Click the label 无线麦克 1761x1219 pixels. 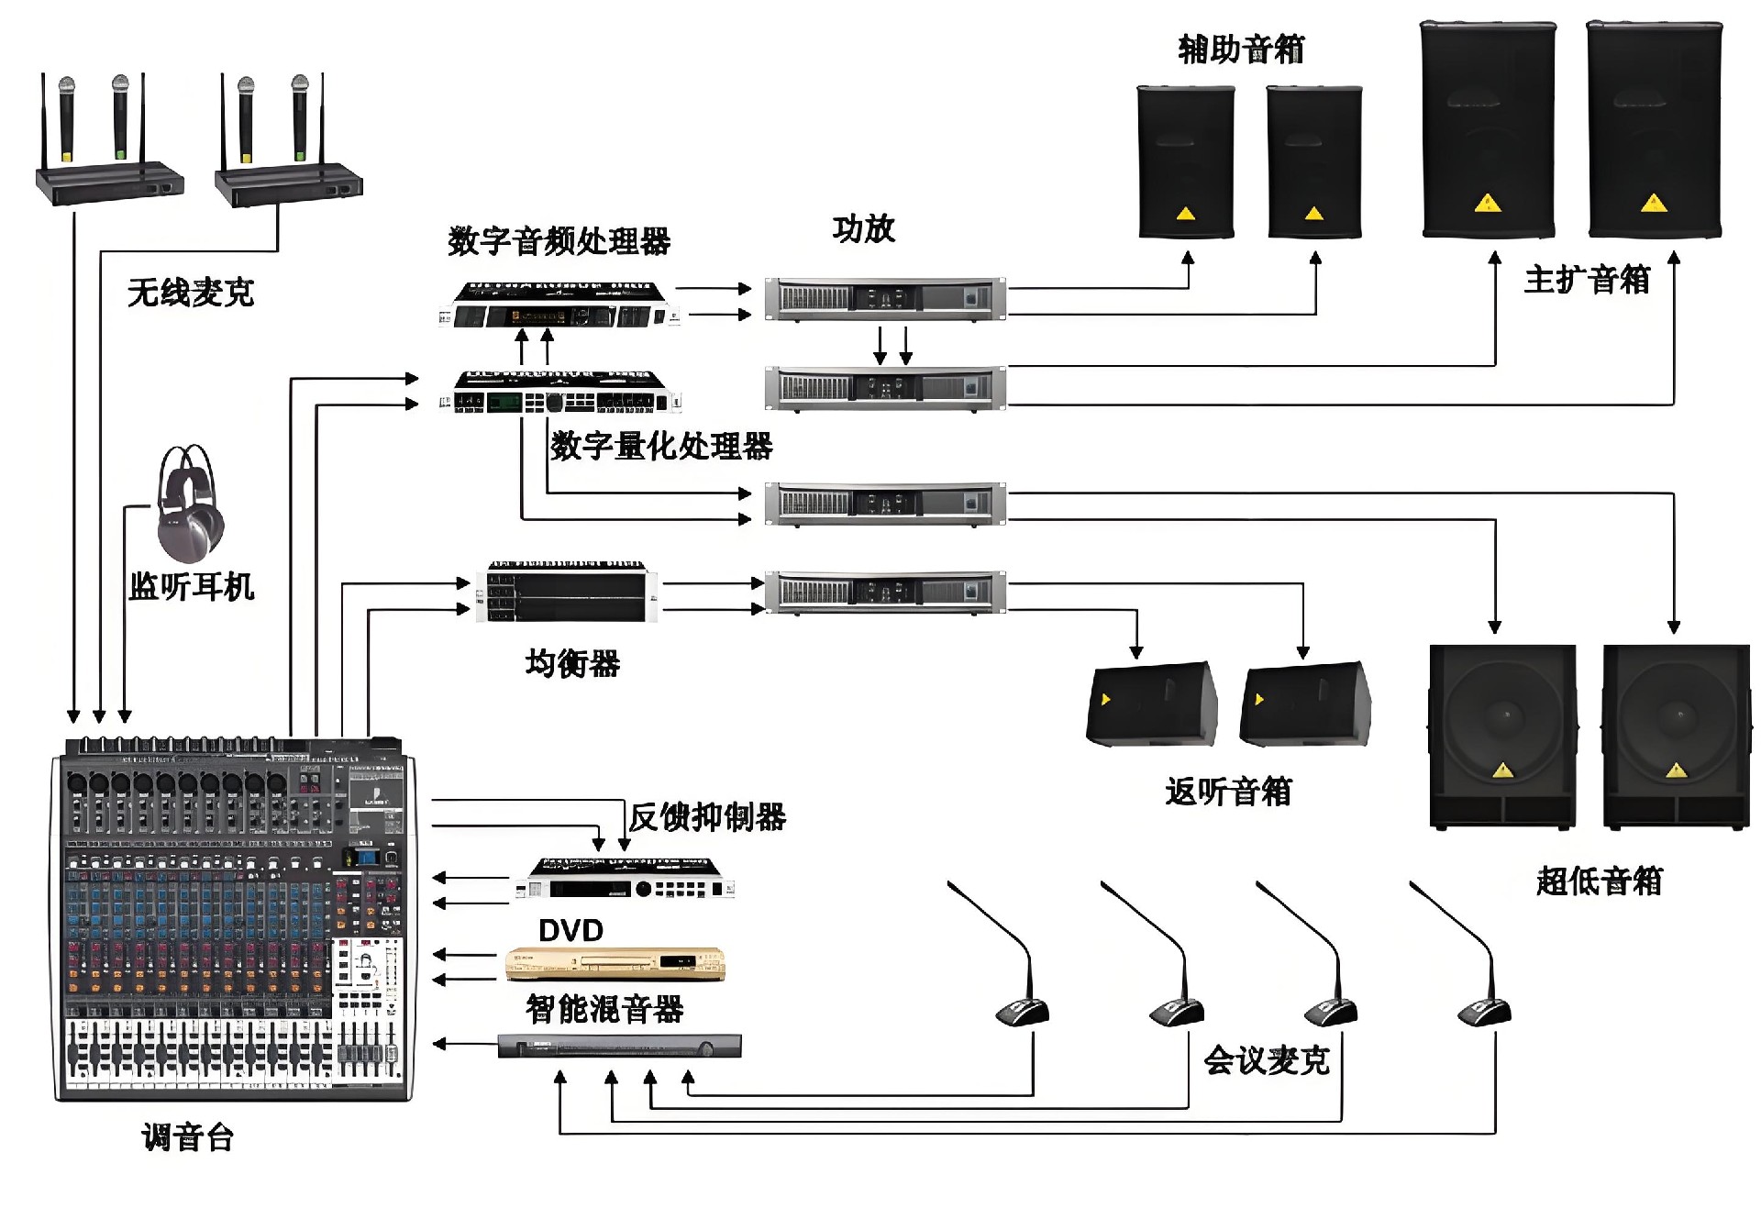pyautogui.click(x=190, y=293)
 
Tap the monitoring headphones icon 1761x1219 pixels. pyautogui.click(x=189, y=504)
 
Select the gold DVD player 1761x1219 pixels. pyautogui.click(x=615, y=963)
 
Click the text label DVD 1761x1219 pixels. pyautogui.click(x=570, y=930)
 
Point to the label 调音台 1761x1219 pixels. pyautogui.click(x=188, y=1137)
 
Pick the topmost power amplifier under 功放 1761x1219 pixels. pyautogui.click(x=885, y=299)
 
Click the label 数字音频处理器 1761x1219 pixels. pyautogui.click(x=559, y=241)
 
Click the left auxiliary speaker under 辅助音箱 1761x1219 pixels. pyautogui.click(x=1185, y=162)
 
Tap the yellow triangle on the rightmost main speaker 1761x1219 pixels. pyautogui.click(x=1654, y=203)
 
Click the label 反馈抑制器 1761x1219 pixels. pyautogui.click(x=707, y=816)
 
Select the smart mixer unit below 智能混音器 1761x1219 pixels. pyautogui.click(x=619, y=1046)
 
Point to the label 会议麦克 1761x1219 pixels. pyautogui.click(x=1266, y=1060)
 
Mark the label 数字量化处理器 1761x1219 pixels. pyautogui.click(x=661, y=446)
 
